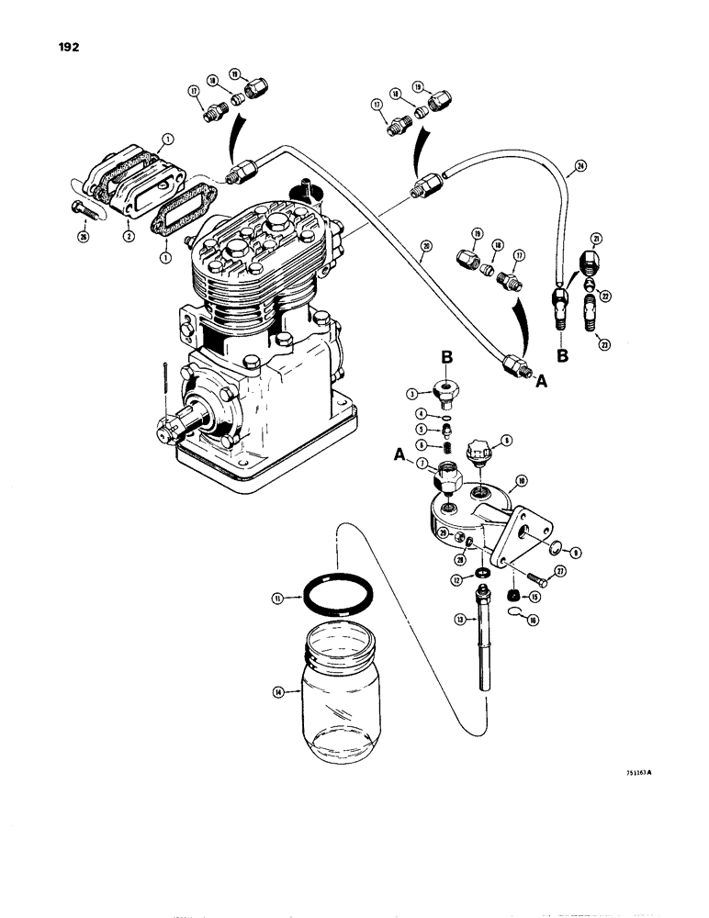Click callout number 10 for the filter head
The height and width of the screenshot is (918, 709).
pos(522,480)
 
